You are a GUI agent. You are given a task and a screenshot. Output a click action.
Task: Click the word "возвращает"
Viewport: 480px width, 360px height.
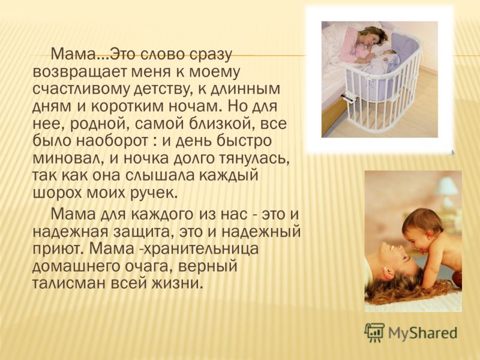coord(79,73)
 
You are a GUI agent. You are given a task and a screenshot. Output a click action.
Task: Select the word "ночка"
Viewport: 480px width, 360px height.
coord(142,159)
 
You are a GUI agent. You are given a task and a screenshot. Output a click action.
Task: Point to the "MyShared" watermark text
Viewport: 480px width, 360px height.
coord(422,333)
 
